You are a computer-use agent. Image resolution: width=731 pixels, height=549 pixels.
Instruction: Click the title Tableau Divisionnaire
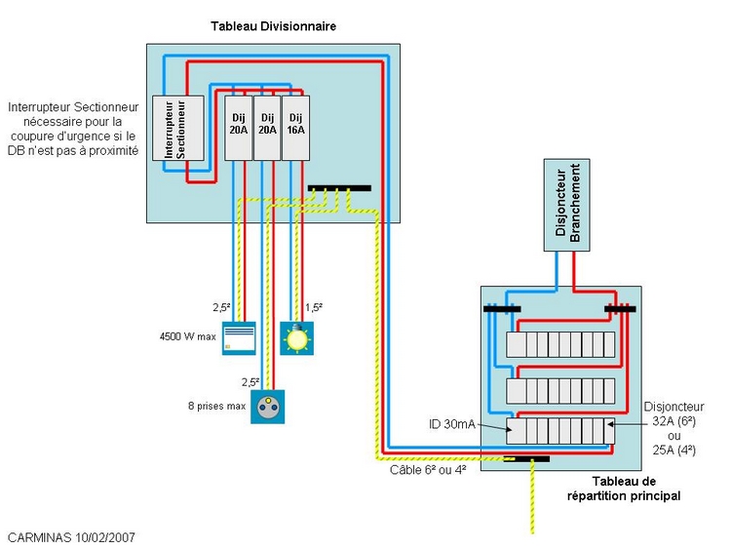pyautogui.click(x=274, y=26)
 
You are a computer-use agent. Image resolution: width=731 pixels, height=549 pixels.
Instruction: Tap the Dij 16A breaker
pyautogui.click(x=295, y=128)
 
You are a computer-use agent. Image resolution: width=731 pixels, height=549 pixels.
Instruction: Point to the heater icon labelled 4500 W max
pyautogui.click(x=239, y=337)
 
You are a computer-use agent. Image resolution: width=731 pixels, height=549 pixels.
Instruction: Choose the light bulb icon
pyautogui.click(x=296, y=337)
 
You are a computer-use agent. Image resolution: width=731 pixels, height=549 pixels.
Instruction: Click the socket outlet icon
pyautogui.click(x=267, y=406)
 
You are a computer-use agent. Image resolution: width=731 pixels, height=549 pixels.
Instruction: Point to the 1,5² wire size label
pyautogui.click(x=314, y=307)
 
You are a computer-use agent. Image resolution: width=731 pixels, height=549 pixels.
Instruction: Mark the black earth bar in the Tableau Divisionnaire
pyautogui.click(x=338, y=188)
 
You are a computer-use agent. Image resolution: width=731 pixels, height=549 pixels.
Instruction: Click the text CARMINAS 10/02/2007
pyautogui.click(x=72, y=536)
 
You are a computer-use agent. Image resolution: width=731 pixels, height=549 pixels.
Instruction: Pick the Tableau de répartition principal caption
pyautogui.click(x=624, y=489)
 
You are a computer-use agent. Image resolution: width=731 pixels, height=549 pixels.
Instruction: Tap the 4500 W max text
pyautogui.click(x=187, y=337)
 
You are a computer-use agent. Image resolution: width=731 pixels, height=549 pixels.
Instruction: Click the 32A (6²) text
pyautogui.click(x=673, y=421)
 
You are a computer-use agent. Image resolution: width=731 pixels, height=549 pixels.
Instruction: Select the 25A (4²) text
pyautogui.click(x=673, y=450)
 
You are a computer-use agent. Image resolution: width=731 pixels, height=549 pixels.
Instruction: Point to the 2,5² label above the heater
pyautogui.click(x=221, y=307)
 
